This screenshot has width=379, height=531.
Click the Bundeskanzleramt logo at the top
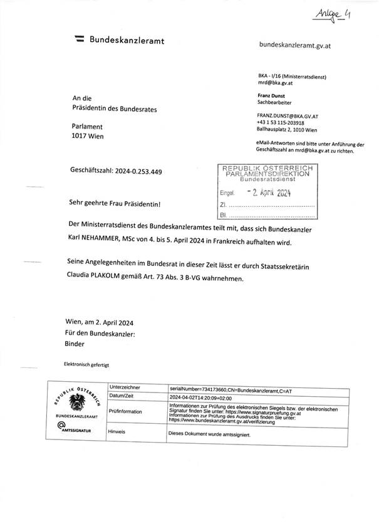[x=119, y=40]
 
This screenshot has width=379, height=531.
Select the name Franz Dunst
[x=272, y=95]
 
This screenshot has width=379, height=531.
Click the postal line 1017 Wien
[x=88, y=136]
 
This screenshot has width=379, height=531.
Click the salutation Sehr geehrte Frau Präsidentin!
[x=115, y=204]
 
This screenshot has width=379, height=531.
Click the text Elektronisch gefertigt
[x=86, y=364]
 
